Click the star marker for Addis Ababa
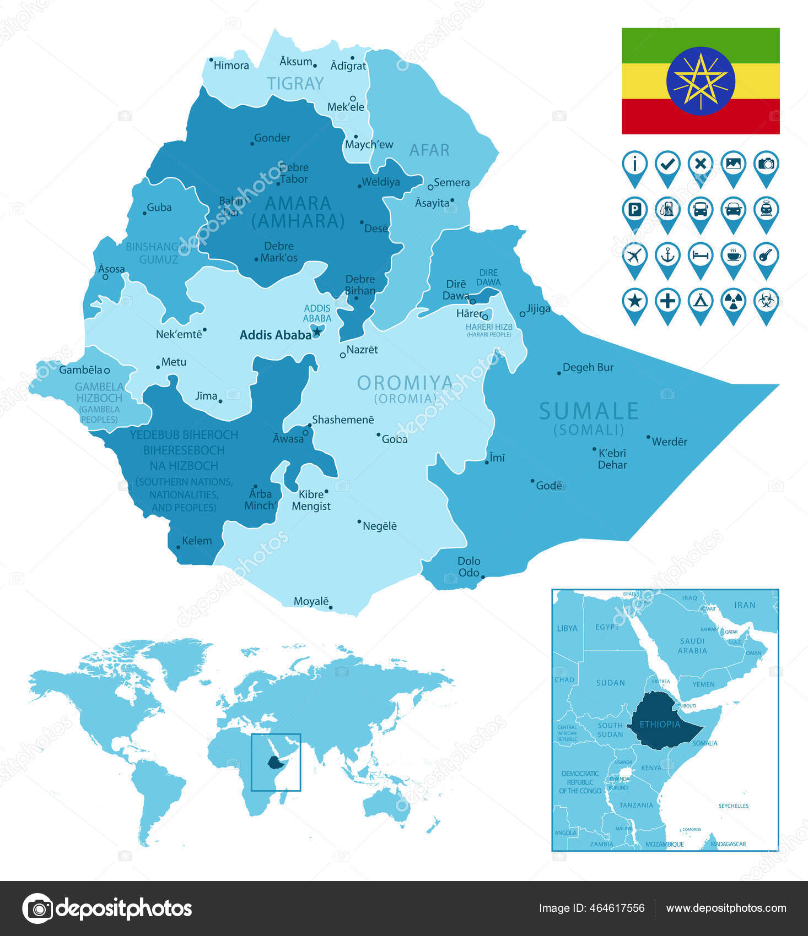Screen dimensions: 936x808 coord(317,332)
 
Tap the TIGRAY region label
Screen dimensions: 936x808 coord(295,84)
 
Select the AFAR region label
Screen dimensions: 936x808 coord(429,150)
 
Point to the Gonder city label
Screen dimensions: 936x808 coord(272,138)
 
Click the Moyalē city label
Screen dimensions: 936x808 coord(311,601)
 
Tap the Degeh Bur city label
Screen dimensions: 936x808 coord(588,367)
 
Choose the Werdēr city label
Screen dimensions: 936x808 coord(669,442)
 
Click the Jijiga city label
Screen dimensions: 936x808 coord(538,309)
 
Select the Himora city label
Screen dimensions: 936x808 coord(231,66)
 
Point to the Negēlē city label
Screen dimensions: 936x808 coord(379,526)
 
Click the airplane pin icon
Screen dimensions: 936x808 coord(634,256)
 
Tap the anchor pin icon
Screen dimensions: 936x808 coord(667,256)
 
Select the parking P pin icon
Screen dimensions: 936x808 coord(634,210)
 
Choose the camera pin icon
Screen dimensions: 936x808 coord(766,164)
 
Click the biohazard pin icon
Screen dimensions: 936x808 coord(766,302)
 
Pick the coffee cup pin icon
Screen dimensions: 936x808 coord(733,256)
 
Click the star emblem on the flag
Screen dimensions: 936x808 coord(701,81)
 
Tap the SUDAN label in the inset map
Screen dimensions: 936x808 coord(610,683)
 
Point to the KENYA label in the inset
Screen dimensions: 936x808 coord(651,768)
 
